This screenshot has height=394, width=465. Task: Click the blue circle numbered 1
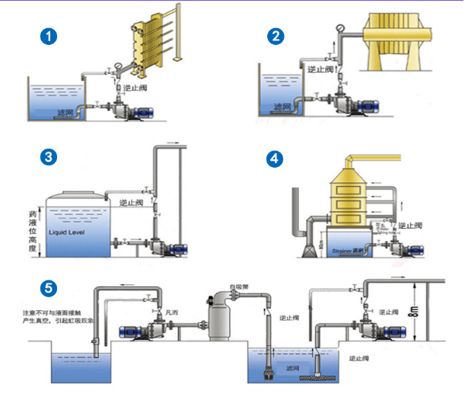[50, 36]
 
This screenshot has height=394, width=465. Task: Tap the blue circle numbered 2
[275, 36]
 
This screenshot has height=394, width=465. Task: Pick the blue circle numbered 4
[275, 159]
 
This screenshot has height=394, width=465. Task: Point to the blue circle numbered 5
[50, 288]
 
